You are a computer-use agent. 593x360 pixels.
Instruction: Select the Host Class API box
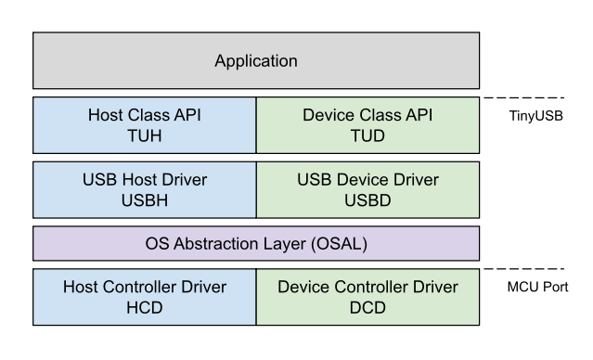[x=145, y=125]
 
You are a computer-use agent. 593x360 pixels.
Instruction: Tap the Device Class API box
[x=367, y=125]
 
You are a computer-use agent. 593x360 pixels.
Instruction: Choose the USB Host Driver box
[x=145, y=188]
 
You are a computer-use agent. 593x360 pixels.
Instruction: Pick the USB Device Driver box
[x=367, y=188]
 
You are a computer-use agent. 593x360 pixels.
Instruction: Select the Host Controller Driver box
[x=145, y=297]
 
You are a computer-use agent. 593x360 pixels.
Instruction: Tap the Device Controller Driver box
[x=367, y=297]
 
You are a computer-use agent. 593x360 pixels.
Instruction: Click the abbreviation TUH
[x=145, y=135]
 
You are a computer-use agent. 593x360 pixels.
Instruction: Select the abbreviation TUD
[x=367, y=135]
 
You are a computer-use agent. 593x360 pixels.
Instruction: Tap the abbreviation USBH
[x=145, y=199]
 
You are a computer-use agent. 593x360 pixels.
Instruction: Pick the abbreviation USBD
[x=367, y=199]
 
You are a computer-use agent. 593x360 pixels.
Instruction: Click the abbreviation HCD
[x=145, y=307]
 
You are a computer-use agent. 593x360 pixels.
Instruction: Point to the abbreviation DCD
[x=367, y=307]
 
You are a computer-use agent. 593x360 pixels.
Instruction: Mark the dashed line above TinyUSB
[x=526, y=96]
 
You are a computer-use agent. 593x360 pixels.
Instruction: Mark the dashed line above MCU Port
[x=526, y=268]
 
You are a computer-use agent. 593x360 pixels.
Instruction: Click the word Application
[x=256, y=61]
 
